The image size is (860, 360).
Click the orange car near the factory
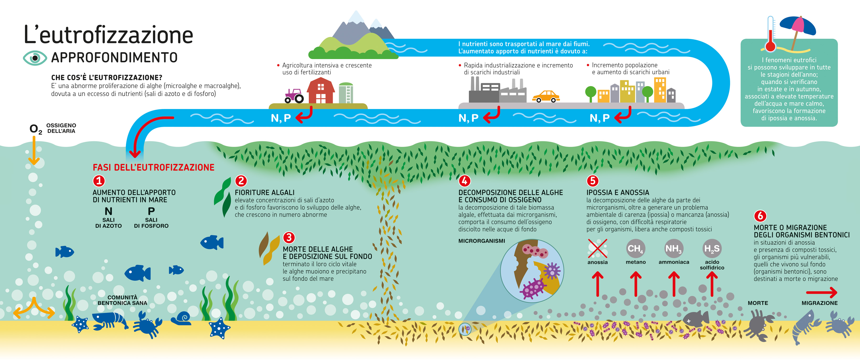tap(546, 96)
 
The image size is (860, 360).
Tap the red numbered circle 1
tap(99, 181)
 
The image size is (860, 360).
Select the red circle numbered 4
tap(464, 181)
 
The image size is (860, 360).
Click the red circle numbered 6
tap(760, 216)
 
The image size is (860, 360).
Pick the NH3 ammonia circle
tap(674, 248)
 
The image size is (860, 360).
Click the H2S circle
tap(712, 248)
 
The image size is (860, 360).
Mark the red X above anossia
tap(598, 248)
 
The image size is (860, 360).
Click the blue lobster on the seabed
tap(110, 321)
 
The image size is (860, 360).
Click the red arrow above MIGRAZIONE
tap(822, 293)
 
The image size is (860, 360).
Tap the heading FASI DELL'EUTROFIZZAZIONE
tap(154, 167)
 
